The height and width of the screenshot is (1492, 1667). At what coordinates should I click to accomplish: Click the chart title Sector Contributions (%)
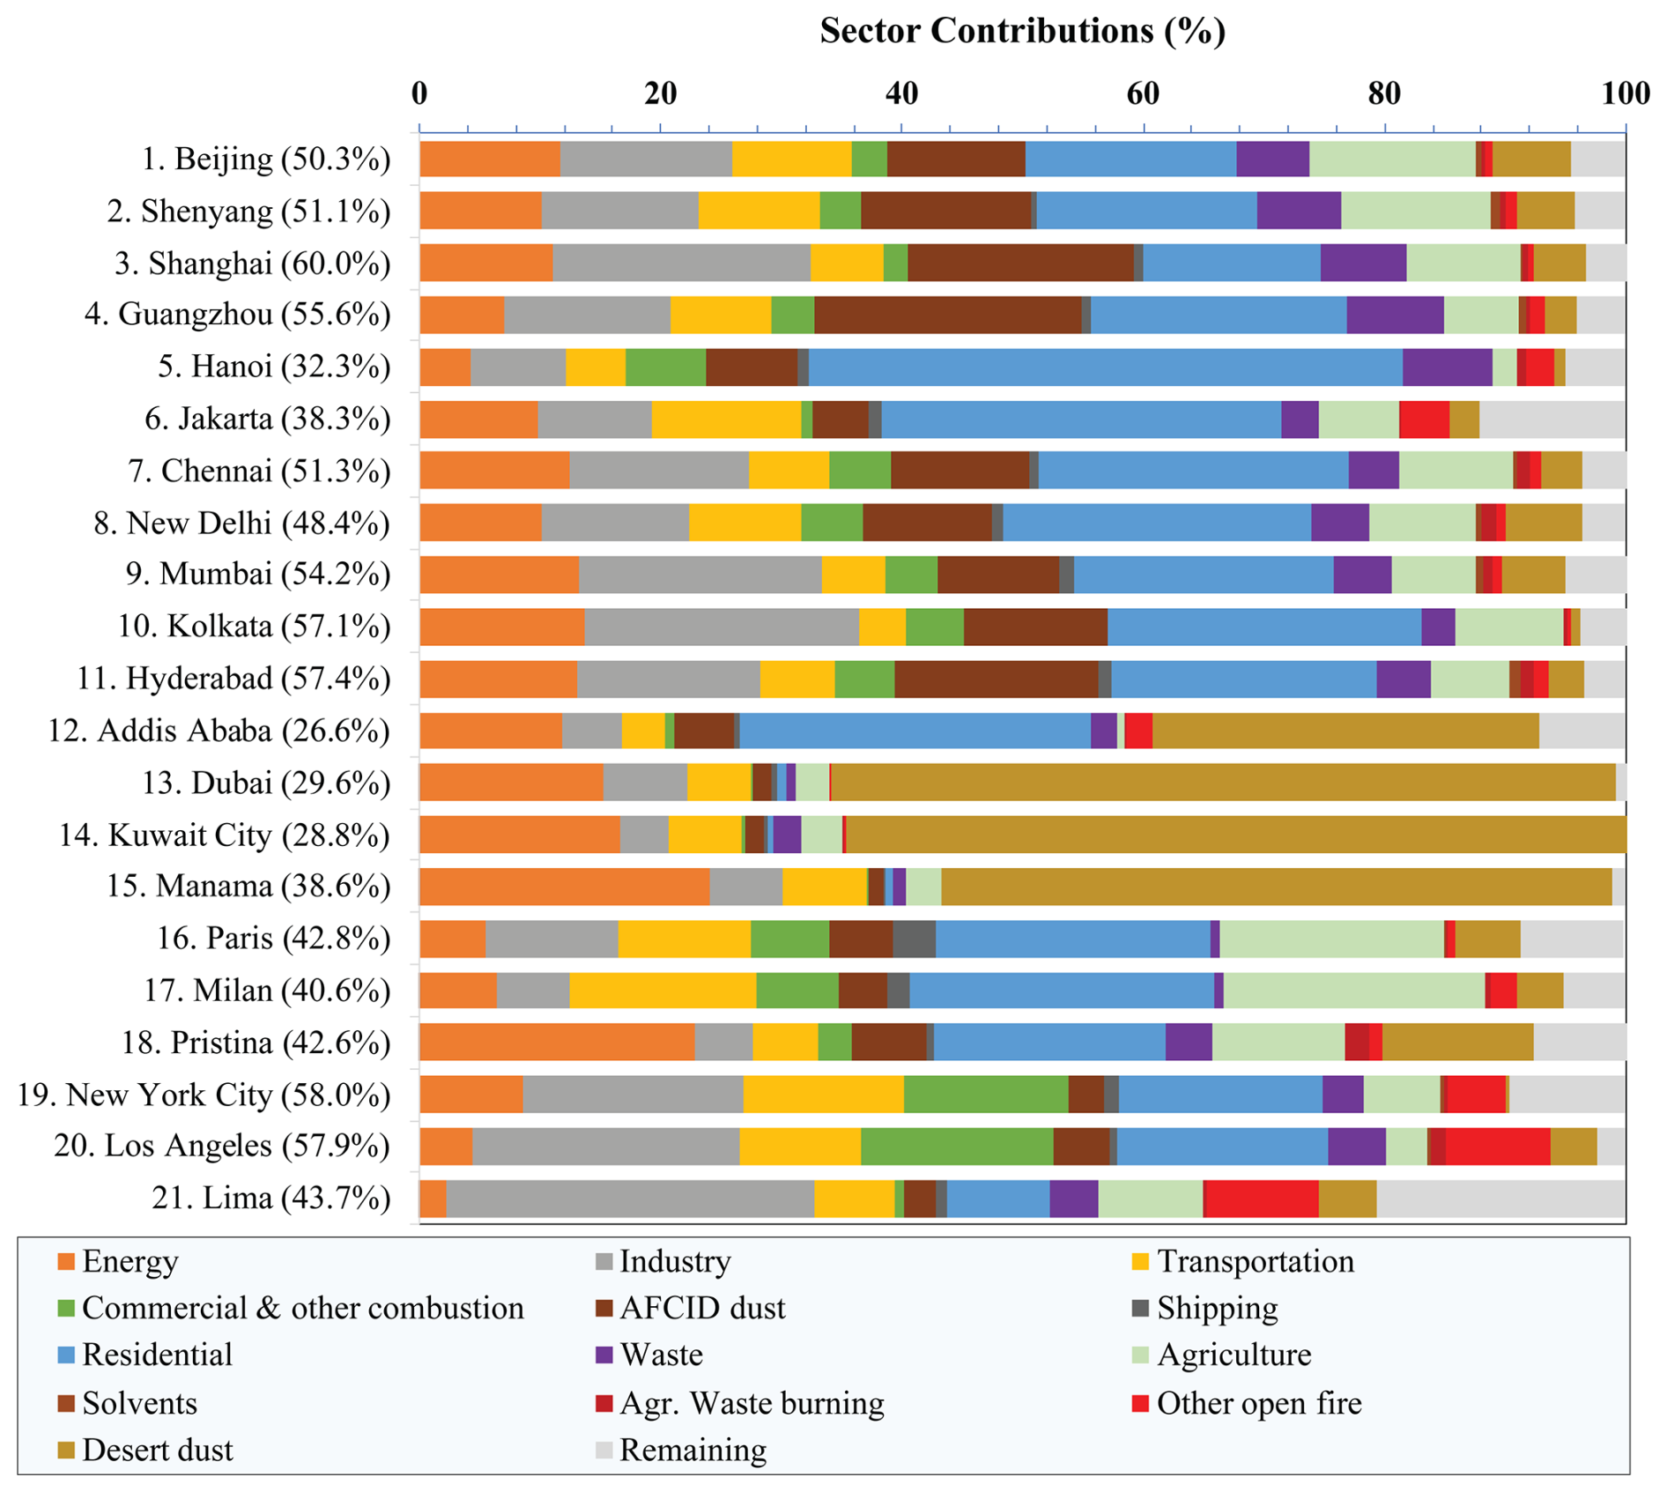pos(1022,31)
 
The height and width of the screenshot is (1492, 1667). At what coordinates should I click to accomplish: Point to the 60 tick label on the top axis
pos(1143,93)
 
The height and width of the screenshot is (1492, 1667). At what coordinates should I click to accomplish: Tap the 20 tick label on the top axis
pos(660,93)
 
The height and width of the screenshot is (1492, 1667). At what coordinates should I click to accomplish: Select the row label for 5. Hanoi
pos(274,366)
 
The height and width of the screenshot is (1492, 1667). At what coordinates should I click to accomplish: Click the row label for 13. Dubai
pos(266,783)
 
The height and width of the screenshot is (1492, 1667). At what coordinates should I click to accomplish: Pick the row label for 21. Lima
pos(270,1198)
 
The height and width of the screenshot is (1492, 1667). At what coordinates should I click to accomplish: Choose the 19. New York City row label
pos(204,1095)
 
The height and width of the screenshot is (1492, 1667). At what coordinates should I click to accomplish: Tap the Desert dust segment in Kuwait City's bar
pos(1234,835)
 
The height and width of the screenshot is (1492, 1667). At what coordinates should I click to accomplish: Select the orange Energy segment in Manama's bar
pos(564,887)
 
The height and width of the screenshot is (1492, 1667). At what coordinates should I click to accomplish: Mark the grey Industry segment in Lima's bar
pos(630,1199)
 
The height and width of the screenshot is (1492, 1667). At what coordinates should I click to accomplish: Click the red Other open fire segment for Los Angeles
pos(1497,1147)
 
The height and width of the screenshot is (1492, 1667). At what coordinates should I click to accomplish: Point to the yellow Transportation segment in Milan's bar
pos(662,991)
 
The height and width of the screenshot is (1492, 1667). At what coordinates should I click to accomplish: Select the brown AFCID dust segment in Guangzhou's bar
pos(947,315)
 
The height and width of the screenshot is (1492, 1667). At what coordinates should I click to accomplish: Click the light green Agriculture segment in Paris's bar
pos(1331,939)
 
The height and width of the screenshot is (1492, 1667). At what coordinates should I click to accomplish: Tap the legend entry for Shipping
pos(1217,1309)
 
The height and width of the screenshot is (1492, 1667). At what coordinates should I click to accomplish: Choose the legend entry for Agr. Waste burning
pos(751,1403)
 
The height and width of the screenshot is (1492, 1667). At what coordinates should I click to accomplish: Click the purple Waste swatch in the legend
pos(604,1355)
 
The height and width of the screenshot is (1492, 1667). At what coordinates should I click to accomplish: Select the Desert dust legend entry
pos(157,1450)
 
